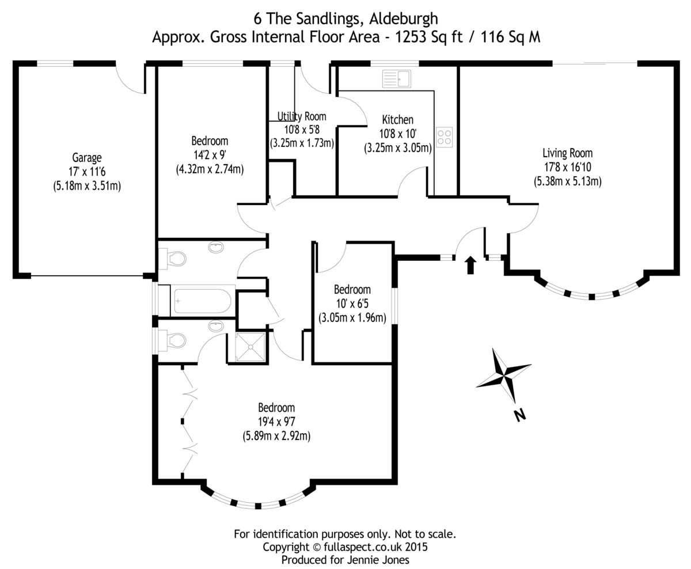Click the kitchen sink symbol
(x=396, y=79)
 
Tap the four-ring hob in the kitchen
(x=444, y=137)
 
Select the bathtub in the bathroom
(x=202, y=301)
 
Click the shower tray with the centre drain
(x=250, y=347)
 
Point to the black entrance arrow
(x=470, y=265)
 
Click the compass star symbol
(x=503, y=376)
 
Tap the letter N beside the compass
(x=520, y=414)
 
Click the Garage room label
(x=86, y=157)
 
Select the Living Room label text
(x=567, y=153)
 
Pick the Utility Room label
(x=302, y=116)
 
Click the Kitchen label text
(x=397, y=120)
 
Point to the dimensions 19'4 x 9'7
(x=276, y=422)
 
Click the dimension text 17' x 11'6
(x=86, y=171)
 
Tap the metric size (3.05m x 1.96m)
(x=352, y=317)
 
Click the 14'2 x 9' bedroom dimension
(x=210, y=155)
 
